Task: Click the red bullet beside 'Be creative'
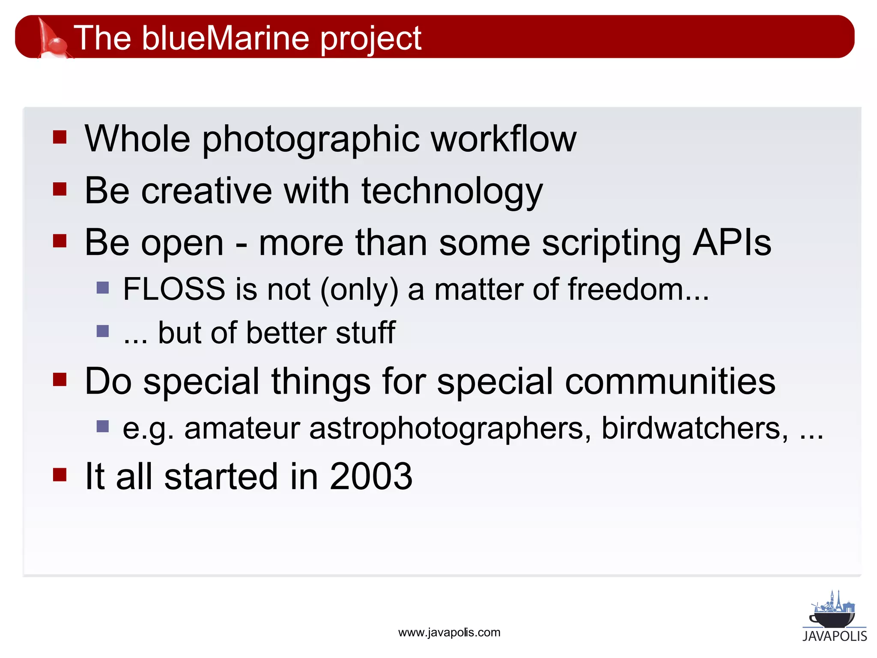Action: point(60,189)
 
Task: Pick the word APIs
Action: point(732,243)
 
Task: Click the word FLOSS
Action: point(174,289)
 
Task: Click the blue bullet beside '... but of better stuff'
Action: point(103,331)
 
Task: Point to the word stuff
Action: point(365,333)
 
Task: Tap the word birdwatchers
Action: point(694,428)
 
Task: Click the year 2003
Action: point(370,476)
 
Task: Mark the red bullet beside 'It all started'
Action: point(60,475)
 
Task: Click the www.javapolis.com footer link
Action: point(449,633)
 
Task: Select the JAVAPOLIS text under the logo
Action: point(834,636)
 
